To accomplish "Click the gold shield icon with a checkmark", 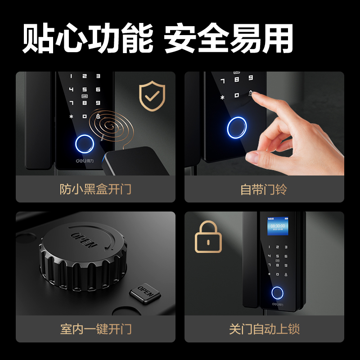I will point(152,95).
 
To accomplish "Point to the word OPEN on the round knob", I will point(84,239).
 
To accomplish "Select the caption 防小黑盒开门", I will point(95,189).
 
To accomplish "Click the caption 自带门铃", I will point(264,189).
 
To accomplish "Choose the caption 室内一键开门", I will point(95,329).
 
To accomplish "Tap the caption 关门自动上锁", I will point(264,329).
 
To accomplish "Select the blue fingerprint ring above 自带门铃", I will point(237,127).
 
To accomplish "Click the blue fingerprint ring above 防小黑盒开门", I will point(84,143).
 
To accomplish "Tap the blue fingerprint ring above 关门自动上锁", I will point(278,293).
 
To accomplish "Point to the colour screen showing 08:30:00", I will point(277,227).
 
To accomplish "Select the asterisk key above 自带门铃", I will point(222,96).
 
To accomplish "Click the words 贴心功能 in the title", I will point(87,38).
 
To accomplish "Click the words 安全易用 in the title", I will point(229,38).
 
